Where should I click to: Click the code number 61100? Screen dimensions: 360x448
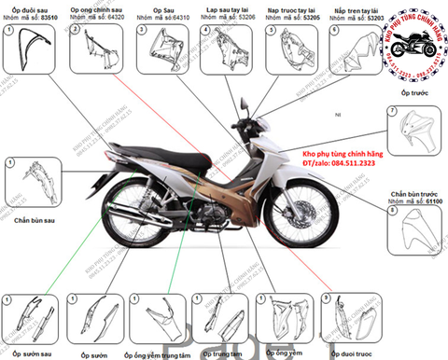coord(435,201)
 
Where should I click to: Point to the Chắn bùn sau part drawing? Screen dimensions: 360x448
coord(30,185)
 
